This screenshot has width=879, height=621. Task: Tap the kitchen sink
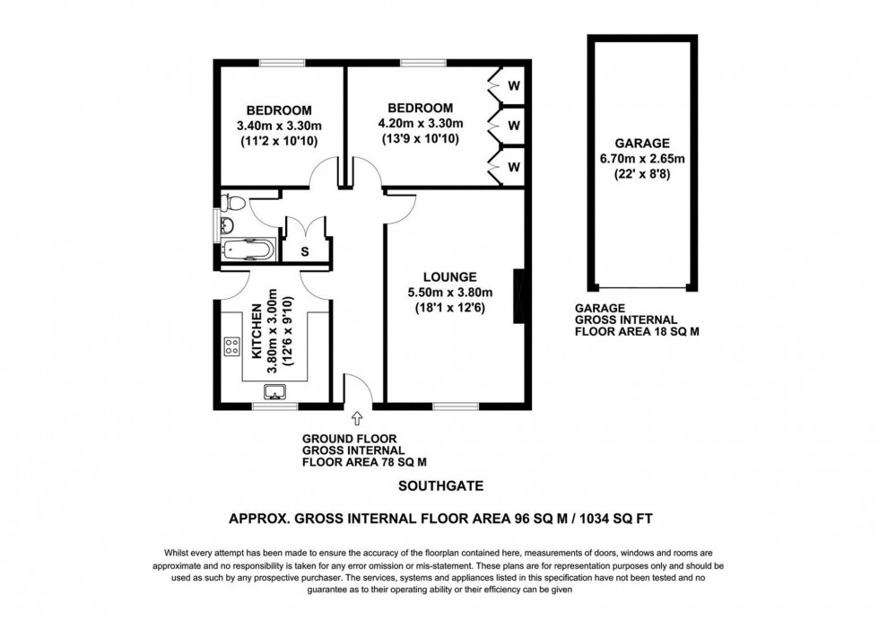[x=274, y=390]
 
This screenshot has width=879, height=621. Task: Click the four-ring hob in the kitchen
[x=231, y=345]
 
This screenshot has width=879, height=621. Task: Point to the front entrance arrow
[x=357, y=417]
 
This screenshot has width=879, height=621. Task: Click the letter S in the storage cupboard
[x=304, y=251]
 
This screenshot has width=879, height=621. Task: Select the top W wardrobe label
[x=513, y=86]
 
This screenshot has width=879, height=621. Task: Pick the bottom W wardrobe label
[x=513, y=166]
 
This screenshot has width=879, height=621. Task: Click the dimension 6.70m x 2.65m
[x=642, y=159]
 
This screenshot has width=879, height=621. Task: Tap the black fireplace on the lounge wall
[x=518, y=295]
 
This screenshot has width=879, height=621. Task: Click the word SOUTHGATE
[x=439, y=486]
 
